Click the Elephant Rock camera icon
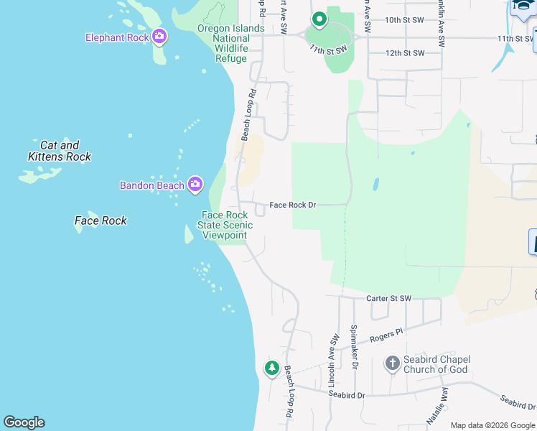159,37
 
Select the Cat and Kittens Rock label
60,151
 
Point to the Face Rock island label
101,221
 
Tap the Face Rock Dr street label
293,205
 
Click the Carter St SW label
389,298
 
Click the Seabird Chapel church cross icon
392,363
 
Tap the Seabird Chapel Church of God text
436,365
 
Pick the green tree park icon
271,369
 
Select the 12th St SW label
405,53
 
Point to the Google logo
24,422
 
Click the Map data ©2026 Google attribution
492,425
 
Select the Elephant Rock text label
117,37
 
